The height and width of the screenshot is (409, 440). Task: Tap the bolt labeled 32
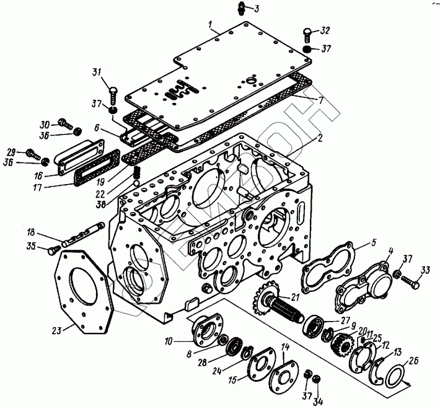[308, 33]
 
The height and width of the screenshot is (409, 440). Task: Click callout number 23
[57, 330]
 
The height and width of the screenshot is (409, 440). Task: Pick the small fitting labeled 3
[242, 7]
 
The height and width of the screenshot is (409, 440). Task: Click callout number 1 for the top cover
[212, 26]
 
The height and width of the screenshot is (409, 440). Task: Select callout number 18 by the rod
[30, 233]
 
